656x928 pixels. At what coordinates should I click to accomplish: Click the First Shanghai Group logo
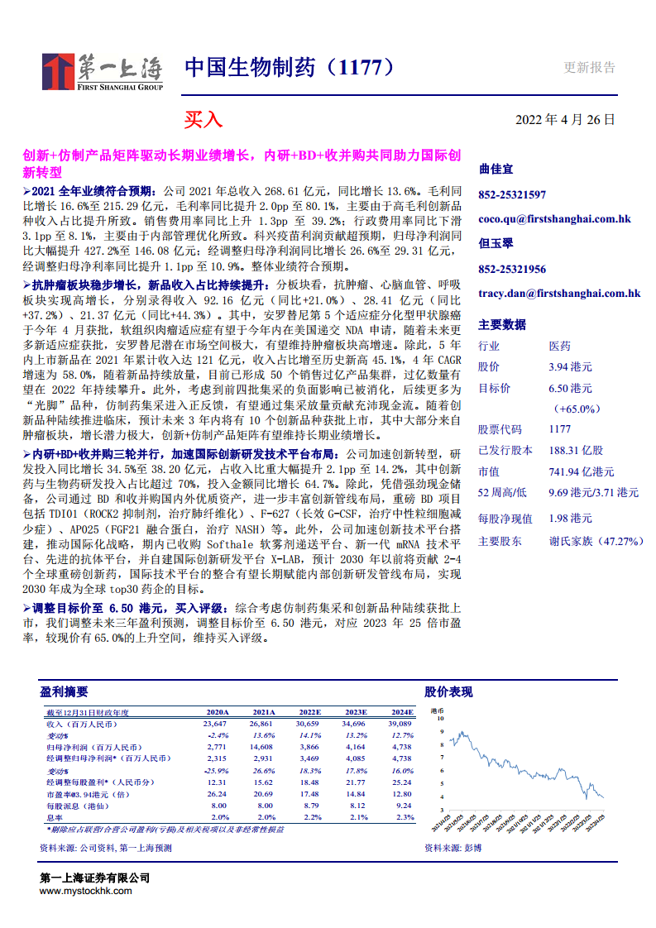click(x=103, y=72)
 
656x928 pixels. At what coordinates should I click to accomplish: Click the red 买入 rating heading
click(x=203, y=119)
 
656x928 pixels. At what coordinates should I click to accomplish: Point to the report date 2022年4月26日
click(x=565, y=119)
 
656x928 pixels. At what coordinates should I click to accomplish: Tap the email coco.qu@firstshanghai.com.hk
click(x=554, y=219)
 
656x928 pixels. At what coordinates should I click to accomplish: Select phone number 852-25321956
click(x=512, y=269)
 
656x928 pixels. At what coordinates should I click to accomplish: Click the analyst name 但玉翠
click(x=496, y=244)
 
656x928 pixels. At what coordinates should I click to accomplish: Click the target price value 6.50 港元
click(x=570, y=387)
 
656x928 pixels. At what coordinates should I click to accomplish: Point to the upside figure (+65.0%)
click(x=577, y=409)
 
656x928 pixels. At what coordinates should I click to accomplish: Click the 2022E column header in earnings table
click(x=309, y=712)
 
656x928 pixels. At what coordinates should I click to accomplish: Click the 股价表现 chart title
click(x=448, y=691)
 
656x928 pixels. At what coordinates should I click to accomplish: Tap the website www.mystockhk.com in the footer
click(x=85, y=891)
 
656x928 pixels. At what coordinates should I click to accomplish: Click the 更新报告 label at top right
click(x=590, y=68)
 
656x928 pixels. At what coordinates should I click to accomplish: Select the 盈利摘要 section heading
click(x=64, y=691)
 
